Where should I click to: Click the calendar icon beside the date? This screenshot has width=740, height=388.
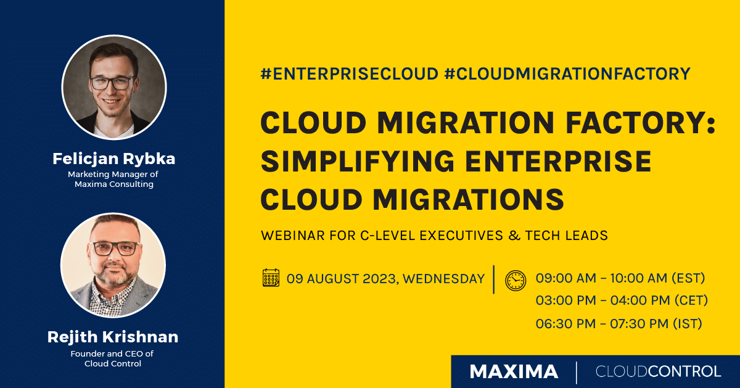pyautogui.click(x=271, y=278)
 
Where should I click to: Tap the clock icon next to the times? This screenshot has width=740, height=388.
pyautogui.click(x=516, y=280)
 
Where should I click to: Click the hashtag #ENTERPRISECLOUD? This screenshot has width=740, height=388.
pyautogui.click(x=349, y=74)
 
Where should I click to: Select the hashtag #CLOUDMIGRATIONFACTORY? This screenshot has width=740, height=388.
pyautogui.click(x=567, y=74)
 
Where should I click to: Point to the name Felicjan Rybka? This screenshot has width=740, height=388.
pyautogui.click(x=113, y=159)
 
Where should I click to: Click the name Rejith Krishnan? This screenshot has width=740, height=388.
pyautogui.click(x=113, y=337)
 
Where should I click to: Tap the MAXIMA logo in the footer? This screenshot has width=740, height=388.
pyautogui.click(x=514, y=371)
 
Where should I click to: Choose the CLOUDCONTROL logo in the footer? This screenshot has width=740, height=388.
pyautogui.click(x=658, y=371)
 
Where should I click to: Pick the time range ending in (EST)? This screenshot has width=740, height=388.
pyautogui.click(x=620, y=278)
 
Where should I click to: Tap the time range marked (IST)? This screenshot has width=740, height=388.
pyautogui.click(x=619, y=324)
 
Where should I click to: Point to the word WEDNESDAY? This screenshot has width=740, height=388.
pyautogui.click(x=446, y=279)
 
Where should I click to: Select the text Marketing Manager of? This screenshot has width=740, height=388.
pyautogui.click(x=113, y=175)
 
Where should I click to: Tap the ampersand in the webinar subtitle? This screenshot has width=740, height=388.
pyautogui.click(x=512, y=235)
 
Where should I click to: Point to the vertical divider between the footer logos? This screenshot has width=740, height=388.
pyautogui.click(x=577, y=372)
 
